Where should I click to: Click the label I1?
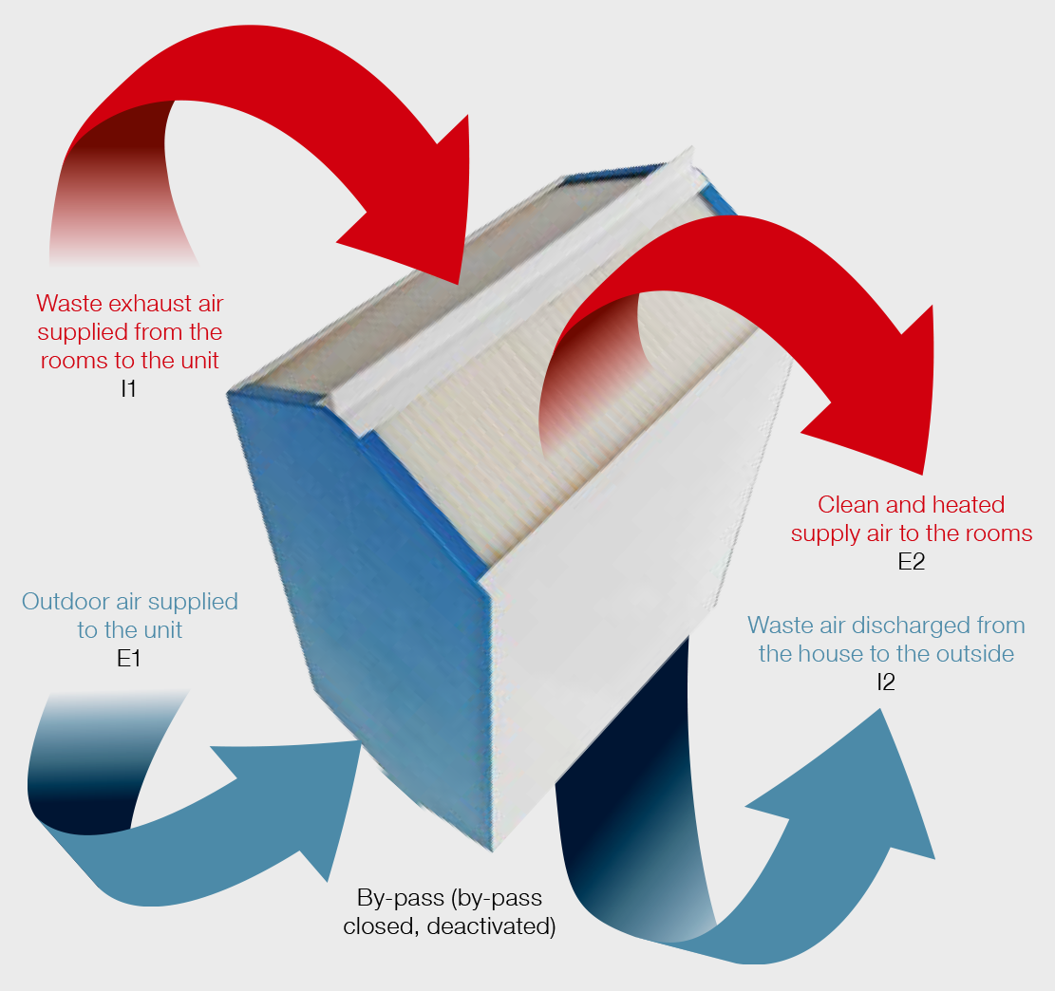129,388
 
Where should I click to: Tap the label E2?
912,562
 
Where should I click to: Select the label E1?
129,658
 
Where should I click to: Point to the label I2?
885,682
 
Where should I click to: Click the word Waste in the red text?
67,304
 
